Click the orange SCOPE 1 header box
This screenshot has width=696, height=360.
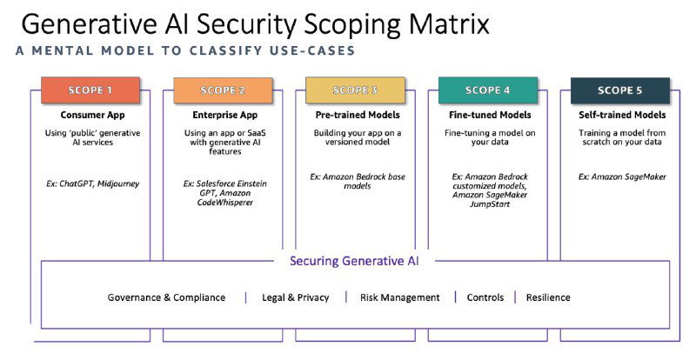pyautogui.click(x=90, y=90)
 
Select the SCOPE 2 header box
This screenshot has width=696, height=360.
pyautogui.click(x=223, y=90)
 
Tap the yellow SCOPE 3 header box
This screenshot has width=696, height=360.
pyautogui.click(x=355, y=90)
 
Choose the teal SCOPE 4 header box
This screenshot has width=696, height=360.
pyautogui.click(x=488, y=90)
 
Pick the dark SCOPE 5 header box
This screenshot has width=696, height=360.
pyautogui.click(x=620, y=90)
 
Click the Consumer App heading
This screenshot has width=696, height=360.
pyautogui.click(x=90, y=115)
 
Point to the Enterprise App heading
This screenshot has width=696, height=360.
pyautogui.click(x=222, y=115)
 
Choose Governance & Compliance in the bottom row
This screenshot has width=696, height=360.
pyautogui.click(x=166, y=297)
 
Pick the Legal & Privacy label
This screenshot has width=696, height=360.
pyautogui.click(x=296, y=297)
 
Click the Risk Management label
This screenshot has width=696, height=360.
pyautogui.click(x=399, y=297)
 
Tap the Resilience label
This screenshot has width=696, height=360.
pyautogui.click(x=548, y=297)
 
